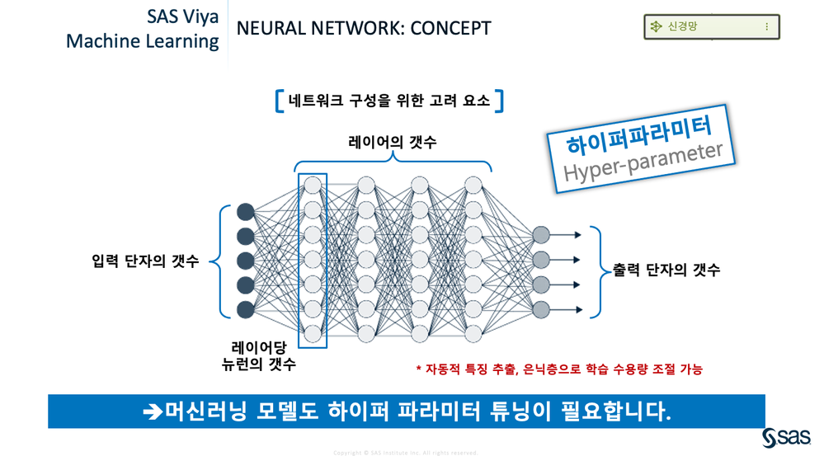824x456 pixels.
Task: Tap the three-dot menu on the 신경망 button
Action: point(766,27)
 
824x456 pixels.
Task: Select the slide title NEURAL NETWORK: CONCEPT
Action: point(363,29)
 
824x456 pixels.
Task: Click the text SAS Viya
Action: point(183,16)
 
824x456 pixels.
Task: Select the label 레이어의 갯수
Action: point(392,143)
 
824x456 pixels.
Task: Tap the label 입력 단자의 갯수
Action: point(145,261)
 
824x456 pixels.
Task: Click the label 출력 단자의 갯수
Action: point(666,270)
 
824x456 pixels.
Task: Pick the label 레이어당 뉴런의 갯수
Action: point(263,355)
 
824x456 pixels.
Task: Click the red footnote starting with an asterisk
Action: point(558,369)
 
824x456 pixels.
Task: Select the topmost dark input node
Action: point(245,211)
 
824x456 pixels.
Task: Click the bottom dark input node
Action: point(245,309)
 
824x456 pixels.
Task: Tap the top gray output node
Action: point(541,235)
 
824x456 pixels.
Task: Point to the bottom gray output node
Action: point(541,309)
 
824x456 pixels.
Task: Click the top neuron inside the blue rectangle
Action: point(312,185)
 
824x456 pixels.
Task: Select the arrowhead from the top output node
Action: point(577,235)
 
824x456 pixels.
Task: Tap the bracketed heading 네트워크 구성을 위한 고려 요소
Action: point(389,101)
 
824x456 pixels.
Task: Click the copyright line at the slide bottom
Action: point(405,452)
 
